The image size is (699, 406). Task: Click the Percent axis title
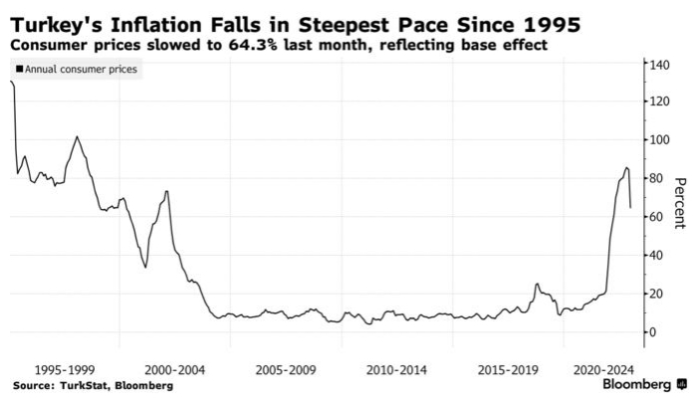click(x=681, y=203)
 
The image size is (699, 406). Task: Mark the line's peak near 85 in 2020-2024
click(x=626, y=168)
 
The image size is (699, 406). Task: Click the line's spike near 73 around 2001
click(x=166, y=191)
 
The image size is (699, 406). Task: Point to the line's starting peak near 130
click(x=12, y=82)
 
